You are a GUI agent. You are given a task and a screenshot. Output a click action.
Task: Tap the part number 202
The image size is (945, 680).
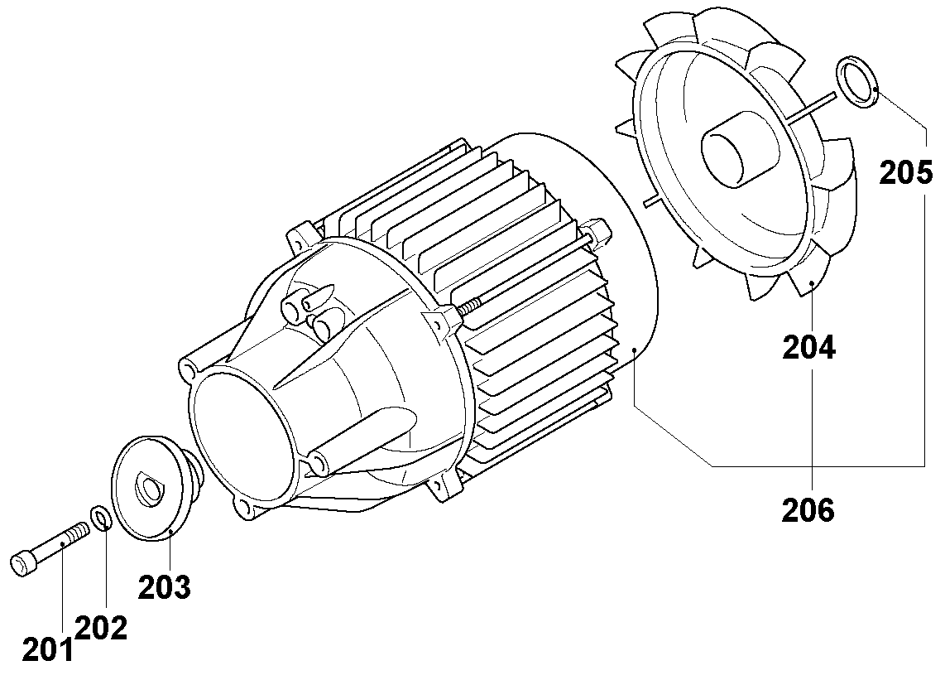(102, 628)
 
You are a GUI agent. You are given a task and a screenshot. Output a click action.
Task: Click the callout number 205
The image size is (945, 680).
(906, 173)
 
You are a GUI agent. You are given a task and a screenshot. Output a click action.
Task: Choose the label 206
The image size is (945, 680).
(808, 509)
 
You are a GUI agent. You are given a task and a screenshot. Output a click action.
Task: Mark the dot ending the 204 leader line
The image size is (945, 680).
(812, 284)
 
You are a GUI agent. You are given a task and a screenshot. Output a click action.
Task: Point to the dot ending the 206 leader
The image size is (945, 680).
(634, 351)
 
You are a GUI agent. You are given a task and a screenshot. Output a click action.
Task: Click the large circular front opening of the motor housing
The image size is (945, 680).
(245, 432)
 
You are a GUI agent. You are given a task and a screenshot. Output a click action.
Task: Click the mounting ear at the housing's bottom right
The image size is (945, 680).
(445, 487)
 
